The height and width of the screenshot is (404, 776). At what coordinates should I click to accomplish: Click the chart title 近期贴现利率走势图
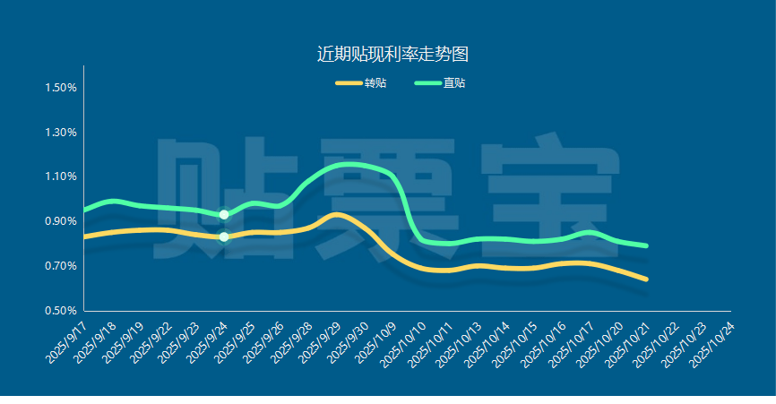pyautogui.click(x=392, y=54)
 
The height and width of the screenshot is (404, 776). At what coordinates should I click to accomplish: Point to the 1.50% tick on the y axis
pyautogui.click(x=61, y=88)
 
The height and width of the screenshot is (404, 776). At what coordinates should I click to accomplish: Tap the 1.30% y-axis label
pyautogui.click(x=61, y=133)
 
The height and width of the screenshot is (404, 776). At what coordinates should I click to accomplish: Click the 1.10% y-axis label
pyautogui.click(x=61, y=176)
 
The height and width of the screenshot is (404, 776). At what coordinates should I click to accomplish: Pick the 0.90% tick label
pyautogui.click(x=61, y=221)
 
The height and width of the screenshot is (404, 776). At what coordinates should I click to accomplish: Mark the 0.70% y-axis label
pyautogui.click(x=61, y=266)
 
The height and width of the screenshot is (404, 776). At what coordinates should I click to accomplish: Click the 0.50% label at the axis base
pyautogui.click(x=61, y=311)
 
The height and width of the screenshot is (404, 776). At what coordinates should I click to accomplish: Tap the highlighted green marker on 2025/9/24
pyautogui.click(x=224, y=214)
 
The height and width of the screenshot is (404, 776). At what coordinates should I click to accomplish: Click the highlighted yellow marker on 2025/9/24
pyautogui.click(x=224, y=236)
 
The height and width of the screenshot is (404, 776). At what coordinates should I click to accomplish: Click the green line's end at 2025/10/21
pyautogui.click(x=645, y=245)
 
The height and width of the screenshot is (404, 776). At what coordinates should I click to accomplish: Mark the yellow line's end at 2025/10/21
pyautogui.click(x=645, y=279)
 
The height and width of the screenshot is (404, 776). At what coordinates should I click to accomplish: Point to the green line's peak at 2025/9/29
pyautogui.click(x=337, y=165)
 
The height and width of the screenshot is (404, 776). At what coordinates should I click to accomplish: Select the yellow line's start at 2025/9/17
pyautogui.click(x=84, y=236)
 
